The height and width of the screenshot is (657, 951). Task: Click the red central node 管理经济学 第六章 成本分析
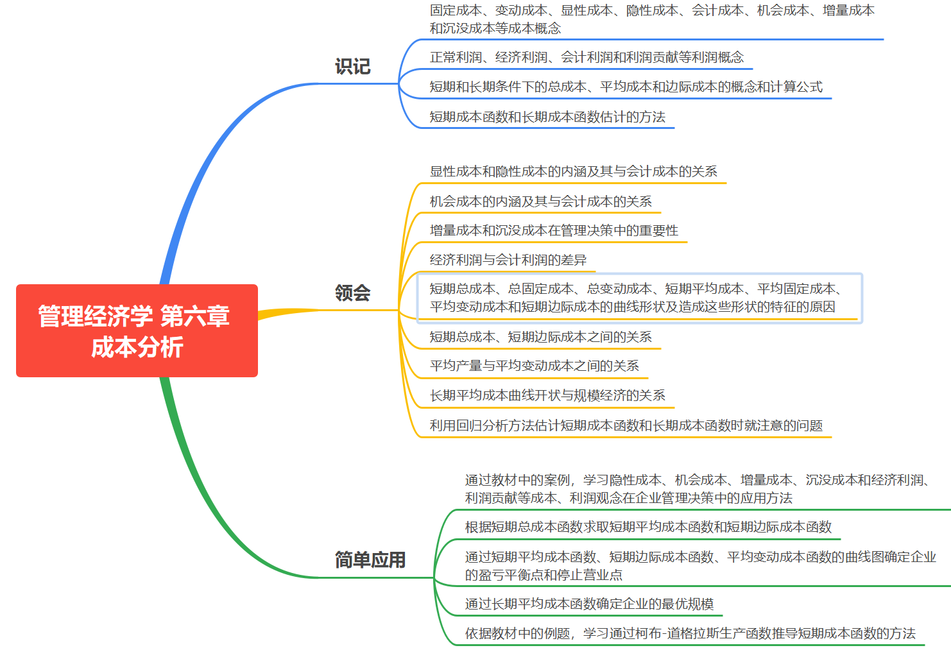pyautogui.click(x=137, y=330)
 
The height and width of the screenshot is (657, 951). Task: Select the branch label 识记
pyautogui.click(x=352, y=67)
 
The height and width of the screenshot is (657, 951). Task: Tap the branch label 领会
pyautogui.click(x=352, y=293)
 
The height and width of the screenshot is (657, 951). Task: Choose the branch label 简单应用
pyautogui.click(x=370, y=560)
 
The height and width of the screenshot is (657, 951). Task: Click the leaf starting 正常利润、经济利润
pyautogui.click(x=587, y=58)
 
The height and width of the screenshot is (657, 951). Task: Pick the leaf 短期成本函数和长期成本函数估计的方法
pyautogui.click(x=547, y=117)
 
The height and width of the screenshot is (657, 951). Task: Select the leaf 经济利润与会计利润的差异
pyautogui.click(x=508, y=260)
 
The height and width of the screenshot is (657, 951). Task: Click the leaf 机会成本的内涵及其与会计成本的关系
pyautogui.click(x=540, y=201)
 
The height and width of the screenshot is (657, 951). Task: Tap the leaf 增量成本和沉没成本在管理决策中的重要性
pyautogui.click(x=554, y=230)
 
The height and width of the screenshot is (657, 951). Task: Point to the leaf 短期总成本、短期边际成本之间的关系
pyautogui.click(x=540, y=337)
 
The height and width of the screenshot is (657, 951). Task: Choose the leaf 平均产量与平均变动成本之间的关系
pyautogui.click(x=534, y=366)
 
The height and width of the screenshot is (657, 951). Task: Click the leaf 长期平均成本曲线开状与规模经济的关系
pyautogui.click(x=547, y=395)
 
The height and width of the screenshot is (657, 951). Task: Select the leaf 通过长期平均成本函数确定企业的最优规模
pyautogui.click(x=589, y=604)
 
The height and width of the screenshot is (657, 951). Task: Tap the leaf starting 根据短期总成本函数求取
pyautogui.click(x=648, y=527)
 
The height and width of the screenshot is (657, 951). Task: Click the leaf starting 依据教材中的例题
pyautogui.click(x=690, y=633)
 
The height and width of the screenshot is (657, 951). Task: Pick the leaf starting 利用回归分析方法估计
pyautogui.click(x=626, y=425)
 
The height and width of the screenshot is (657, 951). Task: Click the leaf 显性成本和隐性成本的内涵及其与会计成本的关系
pyautogui.click(x=573, y=171)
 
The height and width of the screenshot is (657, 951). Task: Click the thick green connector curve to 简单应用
pyautogui.click(x=205, y=494)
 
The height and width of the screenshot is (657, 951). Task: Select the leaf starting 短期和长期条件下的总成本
pyautogui.click(x=626, y=87)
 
